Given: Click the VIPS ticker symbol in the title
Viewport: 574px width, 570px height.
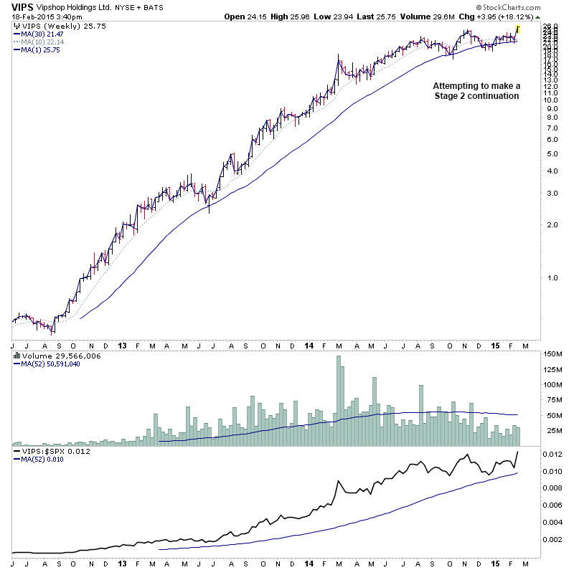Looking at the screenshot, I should coord(21,6).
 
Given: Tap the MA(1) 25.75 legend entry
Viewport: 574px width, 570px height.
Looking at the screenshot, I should coord(40,49).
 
